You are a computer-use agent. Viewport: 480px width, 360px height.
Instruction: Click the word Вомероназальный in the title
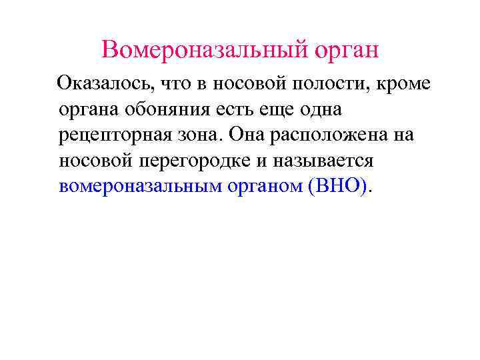[x=195, y=49]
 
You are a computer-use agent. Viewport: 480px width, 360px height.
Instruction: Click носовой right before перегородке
[x=93, y=161]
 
